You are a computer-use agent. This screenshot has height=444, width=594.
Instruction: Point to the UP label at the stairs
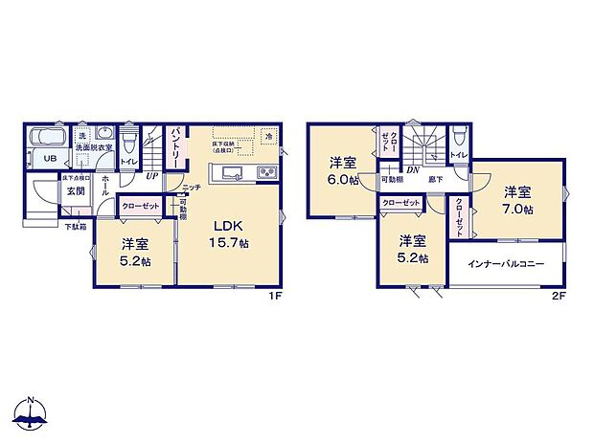click(x=151, y=175)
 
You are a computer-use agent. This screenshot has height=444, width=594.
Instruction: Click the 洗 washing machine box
click(x=82, y=135)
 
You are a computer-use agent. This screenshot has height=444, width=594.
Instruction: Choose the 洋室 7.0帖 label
click(x=517, y=200)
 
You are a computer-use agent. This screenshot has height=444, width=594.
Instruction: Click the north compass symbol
click(x=31, y=412)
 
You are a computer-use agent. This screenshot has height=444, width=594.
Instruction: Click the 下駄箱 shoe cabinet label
click(x=76, y=226)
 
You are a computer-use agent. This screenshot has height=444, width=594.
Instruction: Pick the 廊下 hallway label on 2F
click(x=435, y=180)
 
